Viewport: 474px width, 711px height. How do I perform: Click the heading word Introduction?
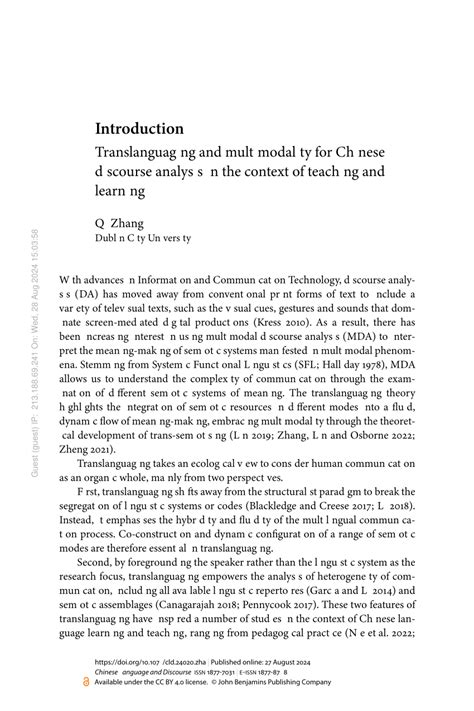pyautogui.click(x=139, y=129)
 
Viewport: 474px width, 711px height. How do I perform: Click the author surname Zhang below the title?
pyautogui.click(x=126, y=225)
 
